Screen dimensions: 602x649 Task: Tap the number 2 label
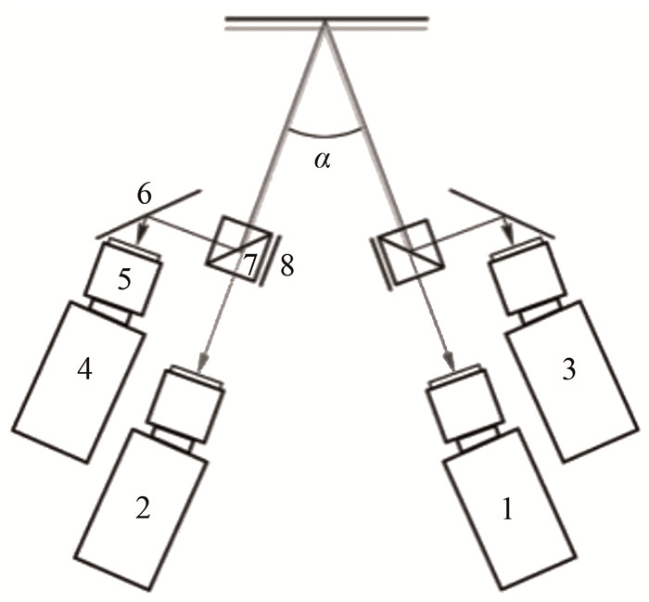142,507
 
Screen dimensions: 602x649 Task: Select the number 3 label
568,369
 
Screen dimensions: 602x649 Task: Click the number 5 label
124,281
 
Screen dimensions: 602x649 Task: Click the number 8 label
287,266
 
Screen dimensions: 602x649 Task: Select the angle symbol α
321,160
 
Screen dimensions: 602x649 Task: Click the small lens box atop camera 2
185,400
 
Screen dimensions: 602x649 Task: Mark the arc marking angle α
323,136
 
